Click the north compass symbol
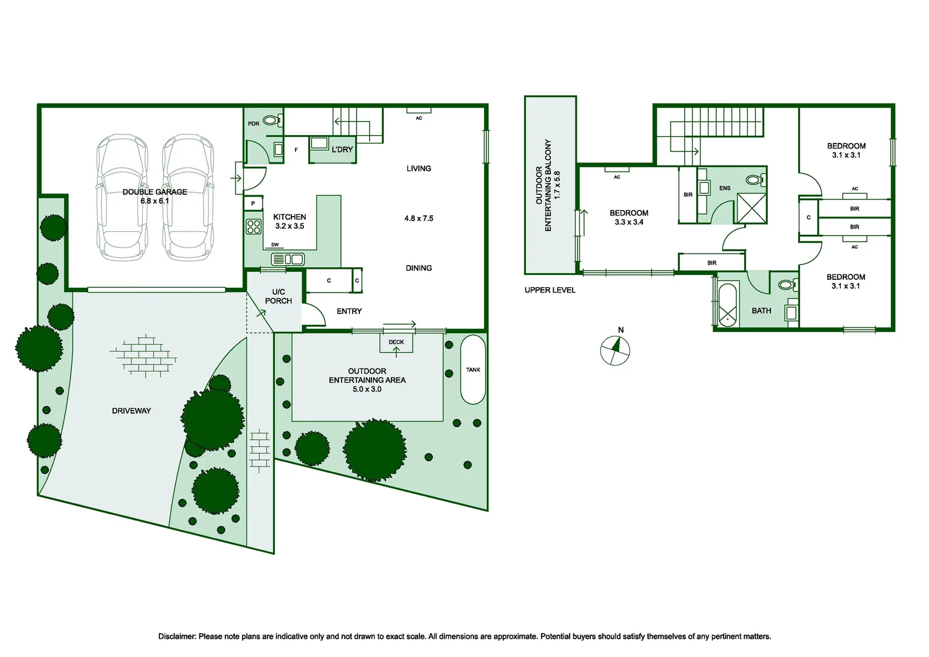point(615,350)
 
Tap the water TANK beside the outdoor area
point(473,369)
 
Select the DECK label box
point(396,342)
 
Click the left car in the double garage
point(122,198)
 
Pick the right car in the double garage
point(188,198)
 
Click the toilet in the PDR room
point(273,120)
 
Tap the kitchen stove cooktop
point(254,227)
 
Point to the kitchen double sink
point(288,260)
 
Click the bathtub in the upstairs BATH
point(727,305)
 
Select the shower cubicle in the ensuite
point(751,208)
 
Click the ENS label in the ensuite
point(725,189)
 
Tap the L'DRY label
point(342,150)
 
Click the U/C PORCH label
point(278,296)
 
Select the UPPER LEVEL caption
point(550,290)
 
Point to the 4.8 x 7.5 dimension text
point(419,218)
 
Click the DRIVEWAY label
point(131,411)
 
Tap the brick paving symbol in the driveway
point(144,356)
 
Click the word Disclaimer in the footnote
point(177,636)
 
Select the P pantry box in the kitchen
point(253,203)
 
